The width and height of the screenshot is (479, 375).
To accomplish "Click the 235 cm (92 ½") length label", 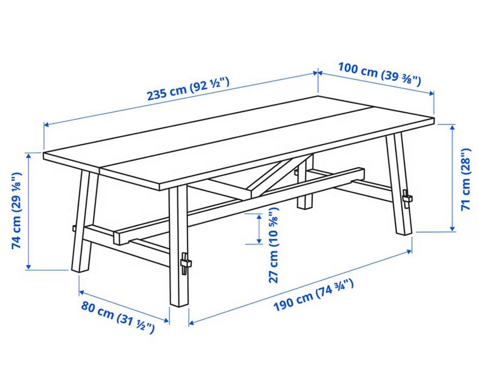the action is [188, 89].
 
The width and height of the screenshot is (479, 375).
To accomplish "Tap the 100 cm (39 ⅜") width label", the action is [379, 73].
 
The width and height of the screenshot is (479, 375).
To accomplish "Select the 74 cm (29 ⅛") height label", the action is [17, 211].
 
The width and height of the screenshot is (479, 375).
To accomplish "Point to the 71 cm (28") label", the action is [466, 179].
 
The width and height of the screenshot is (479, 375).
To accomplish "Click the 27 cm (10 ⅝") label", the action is [274, 245].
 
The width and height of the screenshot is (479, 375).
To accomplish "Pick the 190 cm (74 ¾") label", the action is [314, 295].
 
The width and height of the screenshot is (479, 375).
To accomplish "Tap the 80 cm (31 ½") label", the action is [117, 317].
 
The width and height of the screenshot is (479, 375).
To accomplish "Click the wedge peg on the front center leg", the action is [185, 263].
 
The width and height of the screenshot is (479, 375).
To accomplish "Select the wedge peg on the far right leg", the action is [407, 198].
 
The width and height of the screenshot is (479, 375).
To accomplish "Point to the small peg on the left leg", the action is [74, 229].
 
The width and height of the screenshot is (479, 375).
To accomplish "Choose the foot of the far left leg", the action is [80, 269].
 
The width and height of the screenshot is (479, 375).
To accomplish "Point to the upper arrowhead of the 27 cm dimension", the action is [259, 217].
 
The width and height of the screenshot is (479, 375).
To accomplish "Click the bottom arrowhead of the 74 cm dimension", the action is [28, 267].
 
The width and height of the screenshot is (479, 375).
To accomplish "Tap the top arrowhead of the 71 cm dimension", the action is [452, 128].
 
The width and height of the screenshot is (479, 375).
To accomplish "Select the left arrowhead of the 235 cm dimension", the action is [47, 124].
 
